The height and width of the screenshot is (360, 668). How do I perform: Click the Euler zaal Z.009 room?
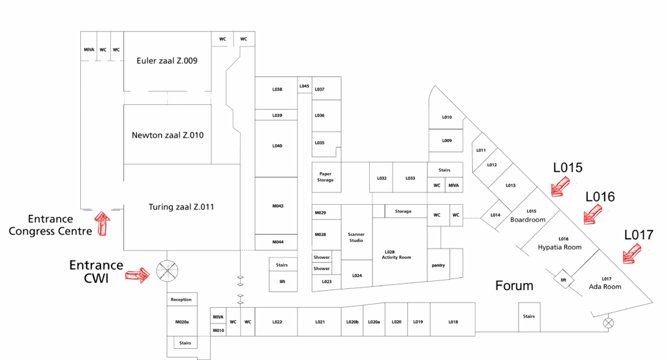(167, 61)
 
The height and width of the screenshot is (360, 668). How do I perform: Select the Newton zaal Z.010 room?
(168, 136)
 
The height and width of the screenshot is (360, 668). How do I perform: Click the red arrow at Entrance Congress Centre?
(102, 222)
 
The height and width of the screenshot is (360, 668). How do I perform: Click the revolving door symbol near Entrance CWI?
(167, 271)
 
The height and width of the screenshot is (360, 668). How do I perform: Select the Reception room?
(181, 299)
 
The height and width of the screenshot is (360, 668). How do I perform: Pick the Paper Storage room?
(326, 177)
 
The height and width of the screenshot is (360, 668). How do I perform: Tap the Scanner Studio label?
(356, 237)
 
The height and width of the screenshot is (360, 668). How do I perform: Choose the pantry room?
(438, 265)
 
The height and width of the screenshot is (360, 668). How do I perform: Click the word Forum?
(514, 286)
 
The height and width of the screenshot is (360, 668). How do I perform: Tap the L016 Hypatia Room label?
(559, 243)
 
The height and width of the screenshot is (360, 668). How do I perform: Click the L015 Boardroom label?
(528, 215)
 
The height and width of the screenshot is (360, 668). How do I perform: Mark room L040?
(277, 146)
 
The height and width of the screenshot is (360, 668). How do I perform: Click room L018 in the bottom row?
(453, 322)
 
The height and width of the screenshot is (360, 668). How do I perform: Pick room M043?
(277, 206)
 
